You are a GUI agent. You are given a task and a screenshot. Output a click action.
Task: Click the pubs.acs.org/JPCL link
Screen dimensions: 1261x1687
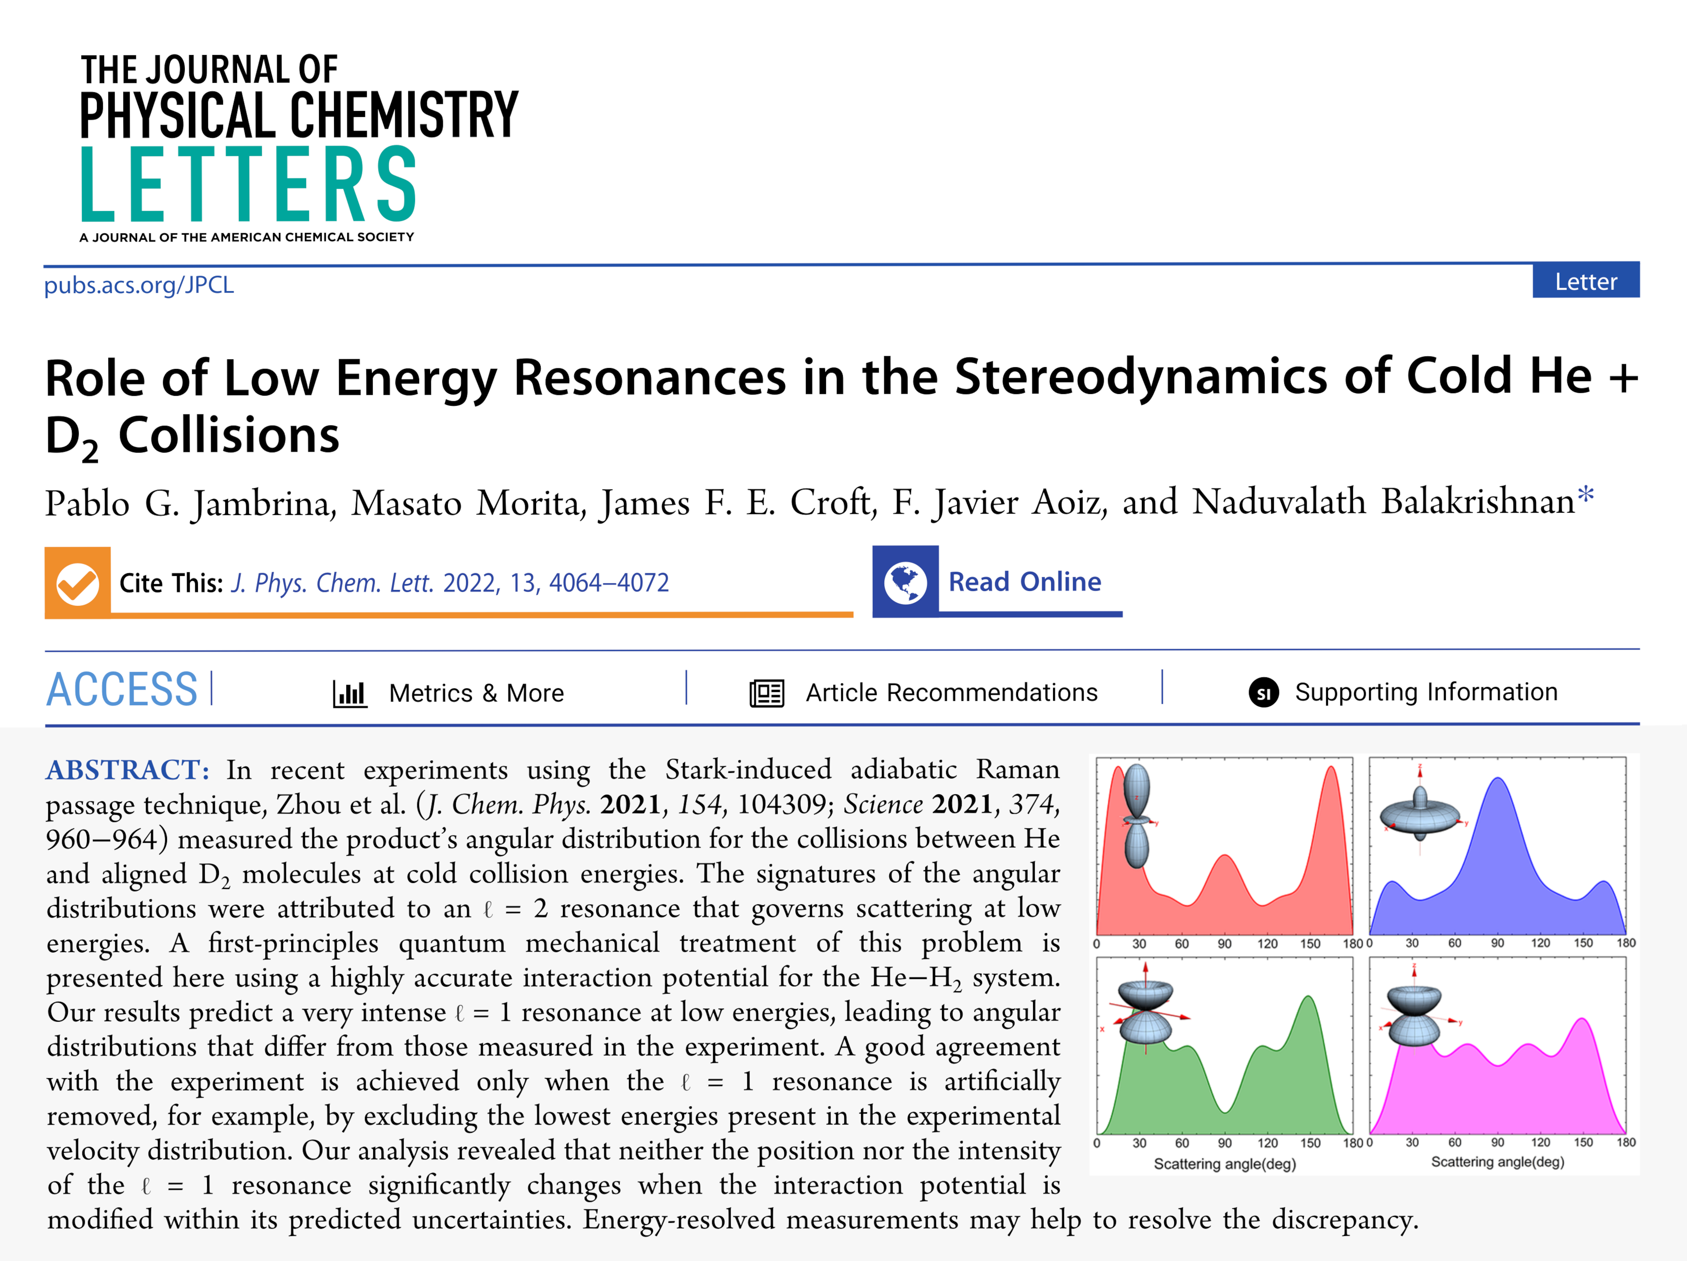[139, 285]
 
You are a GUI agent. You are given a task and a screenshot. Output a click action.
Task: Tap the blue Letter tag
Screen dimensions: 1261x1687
[1586, 281]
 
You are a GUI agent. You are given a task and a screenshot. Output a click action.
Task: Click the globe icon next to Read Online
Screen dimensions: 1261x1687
[905, 582]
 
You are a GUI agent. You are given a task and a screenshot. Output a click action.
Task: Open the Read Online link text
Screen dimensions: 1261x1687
[1024, 582]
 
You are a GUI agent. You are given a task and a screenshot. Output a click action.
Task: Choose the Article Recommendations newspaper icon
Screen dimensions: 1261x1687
[766, 693]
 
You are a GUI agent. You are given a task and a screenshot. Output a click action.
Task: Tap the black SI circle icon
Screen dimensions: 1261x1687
[1263, 693]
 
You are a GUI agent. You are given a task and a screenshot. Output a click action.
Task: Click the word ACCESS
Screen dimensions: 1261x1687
[122, 690]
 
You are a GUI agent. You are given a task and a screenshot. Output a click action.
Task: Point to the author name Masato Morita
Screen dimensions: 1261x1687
[406, 503]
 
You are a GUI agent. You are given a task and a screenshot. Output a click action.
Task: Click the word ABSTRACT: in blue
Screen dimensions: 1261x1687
[127, 770]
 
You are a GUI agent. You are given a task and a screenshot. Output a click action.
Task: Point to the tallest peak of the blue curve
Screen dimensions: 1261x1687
[1499, 779]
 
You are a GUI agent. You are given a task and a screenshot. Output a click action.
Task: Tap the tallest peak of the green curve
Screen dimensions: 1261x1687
[1309, 997]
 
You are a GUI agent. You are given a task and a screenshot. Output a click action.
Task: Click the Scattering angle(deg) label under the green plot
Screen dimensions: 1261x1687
[1225, 1163]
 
